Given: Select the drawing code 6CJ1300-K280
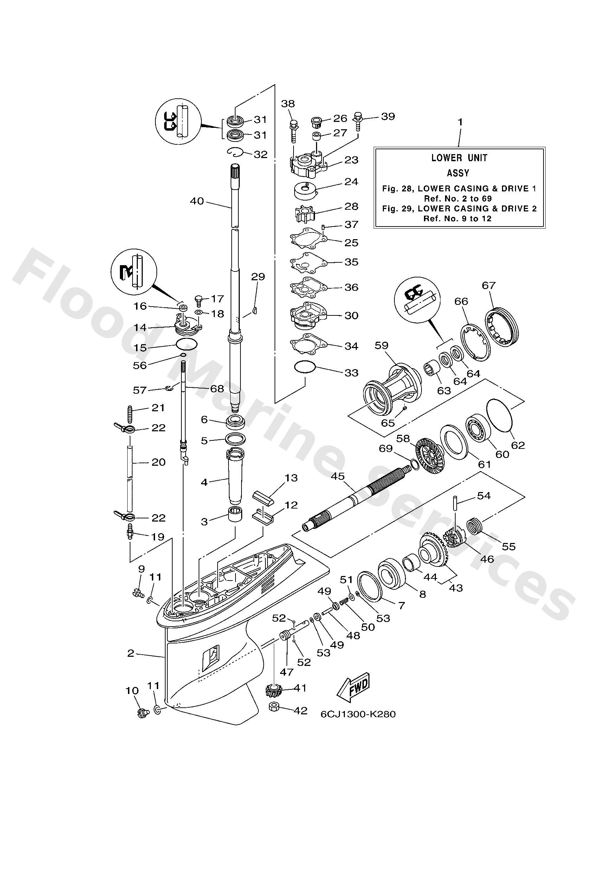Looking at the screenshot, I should [358, 714].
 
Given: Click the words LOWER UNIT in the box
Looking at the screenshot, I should [459, 158].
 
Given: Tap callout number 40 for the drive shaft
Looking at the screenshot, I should [197, 201].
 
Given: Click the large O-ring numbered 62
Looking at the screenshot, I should [501, 414].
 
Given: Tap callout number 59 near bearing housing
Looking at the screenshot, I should [381, 345].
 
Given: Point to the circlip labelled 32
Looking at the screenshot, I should [236, 152].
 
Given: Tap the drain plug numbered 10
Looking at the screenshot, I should [142, 713].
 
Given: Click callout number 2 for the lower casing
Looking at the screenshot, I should [130, 653].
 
